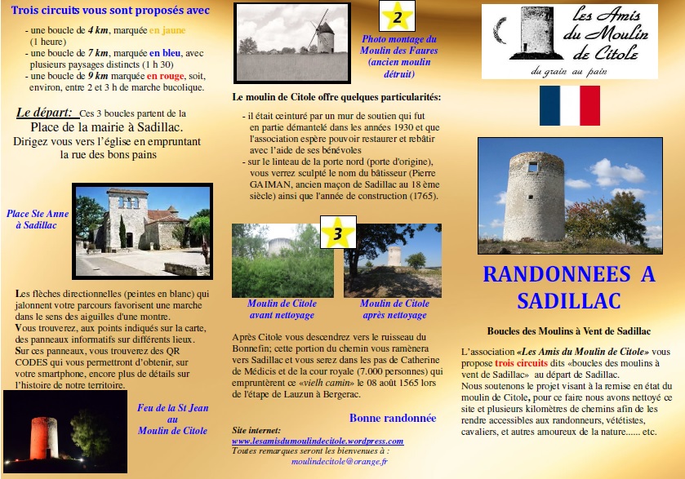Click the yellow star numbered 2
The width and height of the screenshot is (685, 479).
pyautogui.click(x=398, y=16)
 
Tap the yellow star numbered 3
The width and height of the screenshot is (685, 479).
pyautogui.click(x=336, y=233)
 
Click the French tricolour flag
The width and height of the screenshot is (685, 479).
pyautogui.click(x=569, y=105)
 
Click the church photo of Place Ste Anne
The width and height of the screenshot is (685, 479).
pyautogui.click(x=142, y=231)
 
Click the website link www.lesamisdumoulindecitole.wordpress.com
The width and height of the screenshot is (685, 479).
pyautogui.click(x=317, y=441)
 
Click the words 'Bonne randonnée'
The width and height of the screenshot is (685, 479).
pyautogui.click(x=392, y=418)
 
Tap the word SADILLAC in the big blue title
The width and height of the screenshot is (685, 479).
pyautogui.click(x=569, y=300)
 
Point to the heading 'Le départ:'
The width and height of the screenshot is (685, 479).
pyautogui.click(x=45, y=113)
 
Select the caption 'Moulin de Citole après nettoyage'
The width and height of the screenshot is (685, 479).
pyautogui.click(x=394, y=308)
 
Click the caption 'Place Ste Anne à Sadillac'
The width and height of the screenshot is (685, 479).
pyautogui.click(x=38, y=220)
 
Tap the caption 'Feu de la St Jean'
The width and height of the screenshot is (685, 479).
pyautogui.click(x=172, y=408)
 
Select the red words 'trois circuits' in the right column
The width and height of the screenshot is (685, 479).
pyautogui.click(x=519, y=361)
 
